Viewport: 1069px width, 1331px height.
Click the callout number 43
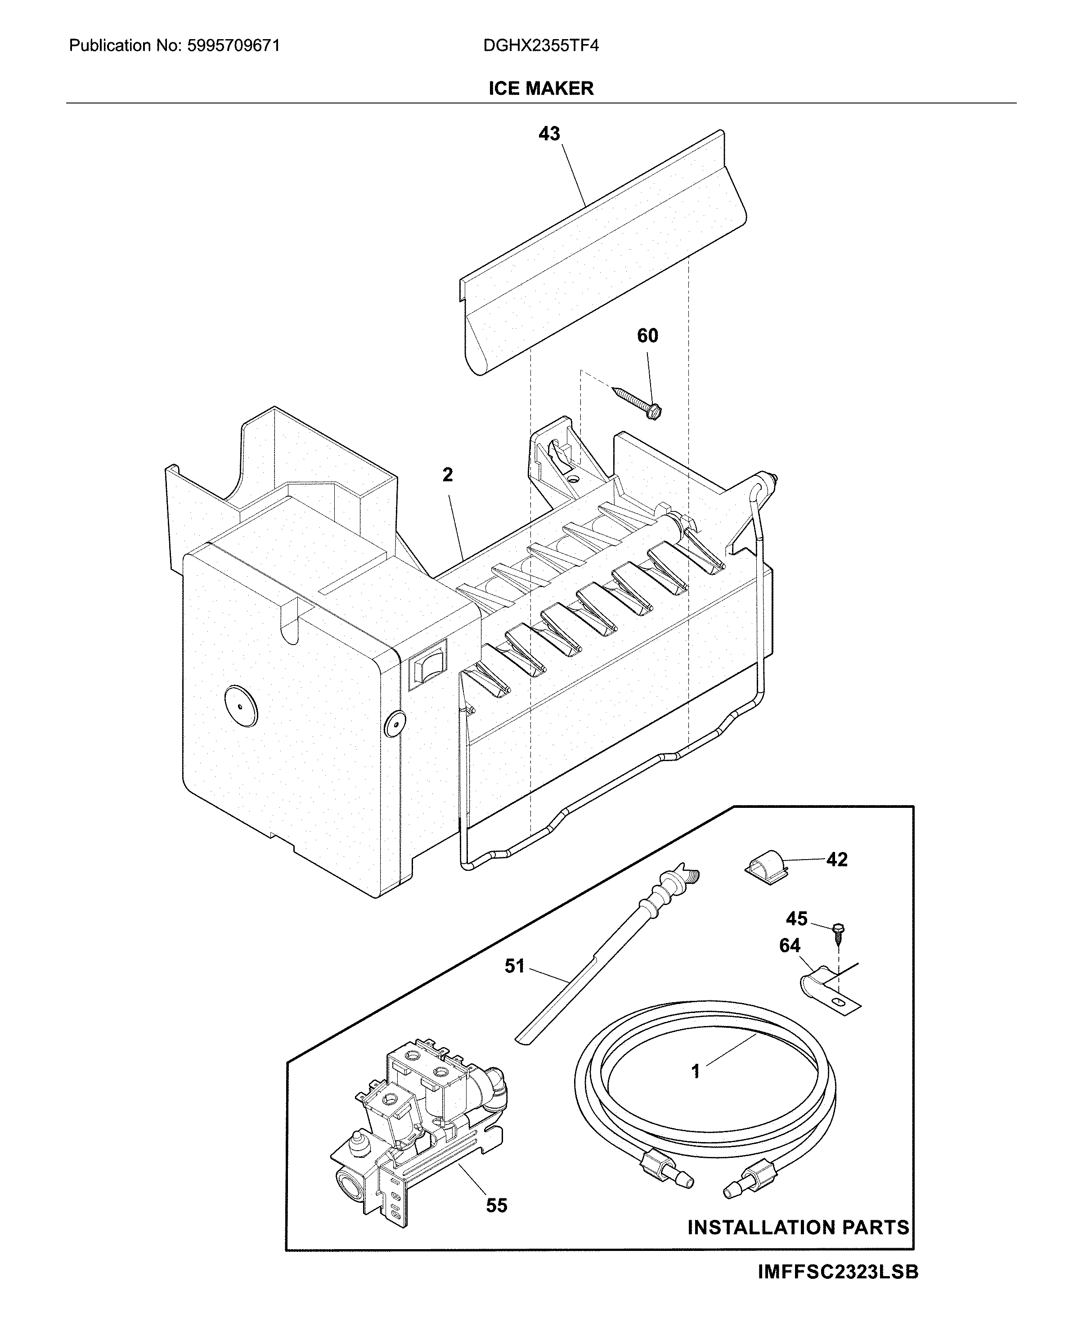pyautogui.click(x=549, y=134)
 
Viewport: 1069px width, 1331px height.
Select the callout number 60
pyautogui.click(x=647, y=336)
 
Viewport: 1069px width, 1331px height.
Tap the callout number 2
pyautogui.click(x=448, y=475)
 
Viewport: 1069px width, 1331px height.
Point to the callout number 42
pyautogui.click(x=837, y=860)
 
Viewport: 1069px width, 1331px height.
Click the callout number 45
pyautogui.click(x=796, y=919)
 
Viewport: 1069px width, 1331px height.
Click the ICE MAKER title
pyautogui.click(x=541, y=88)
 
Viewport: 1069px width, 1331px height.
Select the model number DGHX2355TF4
pyautogui.click(x=540, y=46)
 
